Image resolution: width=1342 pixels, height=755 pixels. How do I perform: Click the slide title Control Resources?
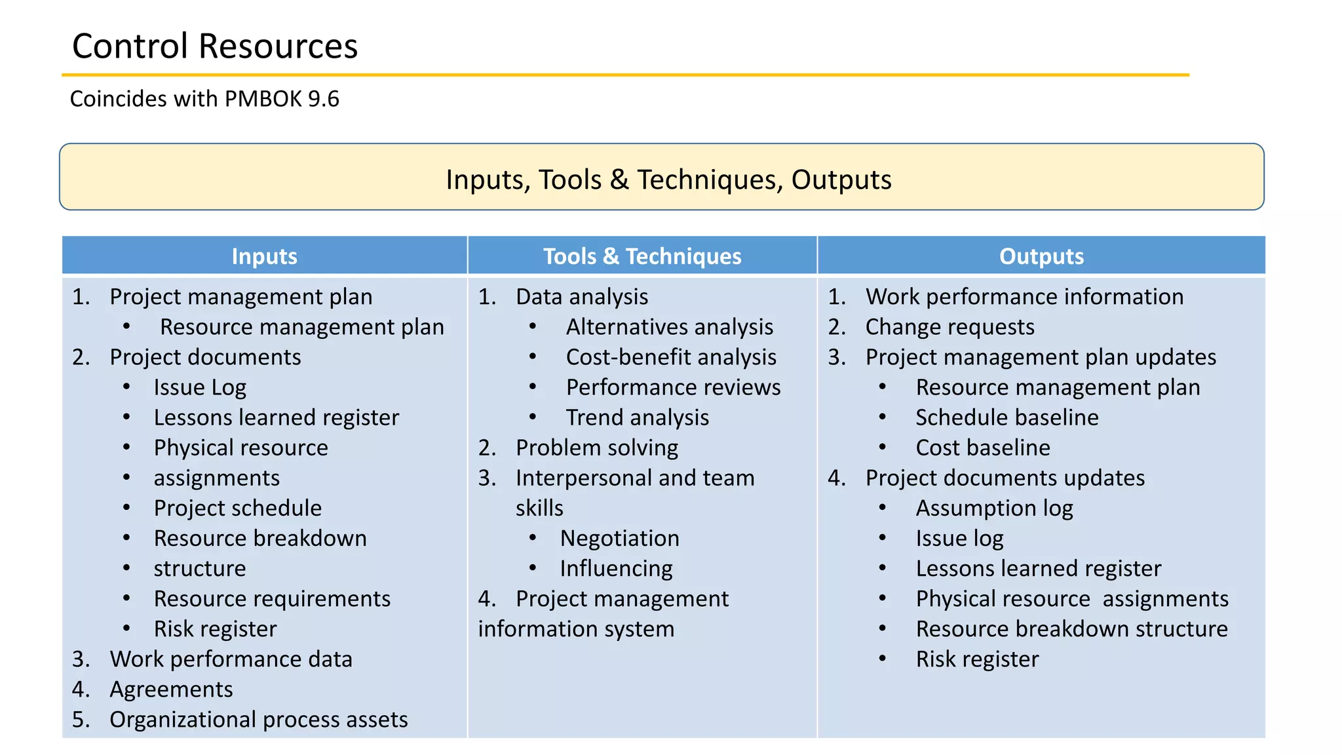tap(215, 46)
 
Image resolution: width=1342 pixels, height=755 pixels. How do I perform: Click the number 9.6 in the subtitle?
tap(323, 99)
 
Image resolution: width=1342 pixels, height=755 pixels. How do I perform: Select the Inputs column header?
tap(264, 256)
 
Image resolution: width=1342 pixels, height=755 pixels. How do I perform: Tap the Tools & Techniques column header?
tap(642, 256)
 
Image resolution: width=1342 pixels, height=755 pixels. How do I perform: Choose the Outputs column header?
tap(1041, 256)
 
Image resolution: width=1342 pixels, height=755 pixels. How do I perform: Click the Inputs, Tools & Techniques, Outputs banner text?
tap(668, 180)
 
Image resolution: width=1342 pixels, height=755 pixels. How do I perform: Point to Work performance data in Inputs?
tap(231, 659)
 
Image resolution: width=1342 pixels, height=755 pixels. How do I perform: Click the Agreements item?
tap(171, 689)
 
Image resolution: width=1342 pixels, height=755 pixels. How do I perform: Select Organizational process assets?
tap(258, 720)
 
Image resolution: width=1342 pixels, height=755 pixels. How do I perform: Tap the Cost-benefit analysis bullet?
tap(671, 357)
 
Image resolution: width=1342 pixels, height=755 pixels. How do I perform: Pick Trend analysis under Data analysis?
tap(637, 417)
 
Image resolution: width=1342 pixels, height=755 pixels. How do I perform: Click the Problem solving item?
tap(596, 448)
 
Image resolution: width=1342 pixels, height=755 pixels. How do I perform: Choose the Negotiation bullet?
tap(619, 538)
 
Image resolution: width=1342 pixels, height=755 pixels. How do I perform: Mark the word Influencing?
tap(616, 568)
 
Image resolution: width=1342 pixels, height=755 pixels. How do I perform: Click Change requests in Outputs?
tap(949, 327)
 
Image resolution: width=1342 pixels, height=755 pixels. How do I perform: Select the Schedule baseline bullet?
tap(1006, 417)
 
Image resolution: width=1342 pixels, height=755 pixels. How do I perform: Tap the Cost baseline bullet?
tap(982, 448)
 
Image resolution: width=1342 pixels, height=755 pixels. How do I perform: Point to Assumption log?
tap(994, 508)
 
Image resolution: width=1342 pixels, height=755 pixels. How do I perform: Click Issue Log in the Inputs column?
tap(200, 387)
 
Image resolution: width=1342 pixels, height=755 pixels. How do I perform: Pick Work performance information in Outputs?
tap(1024, 297)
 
